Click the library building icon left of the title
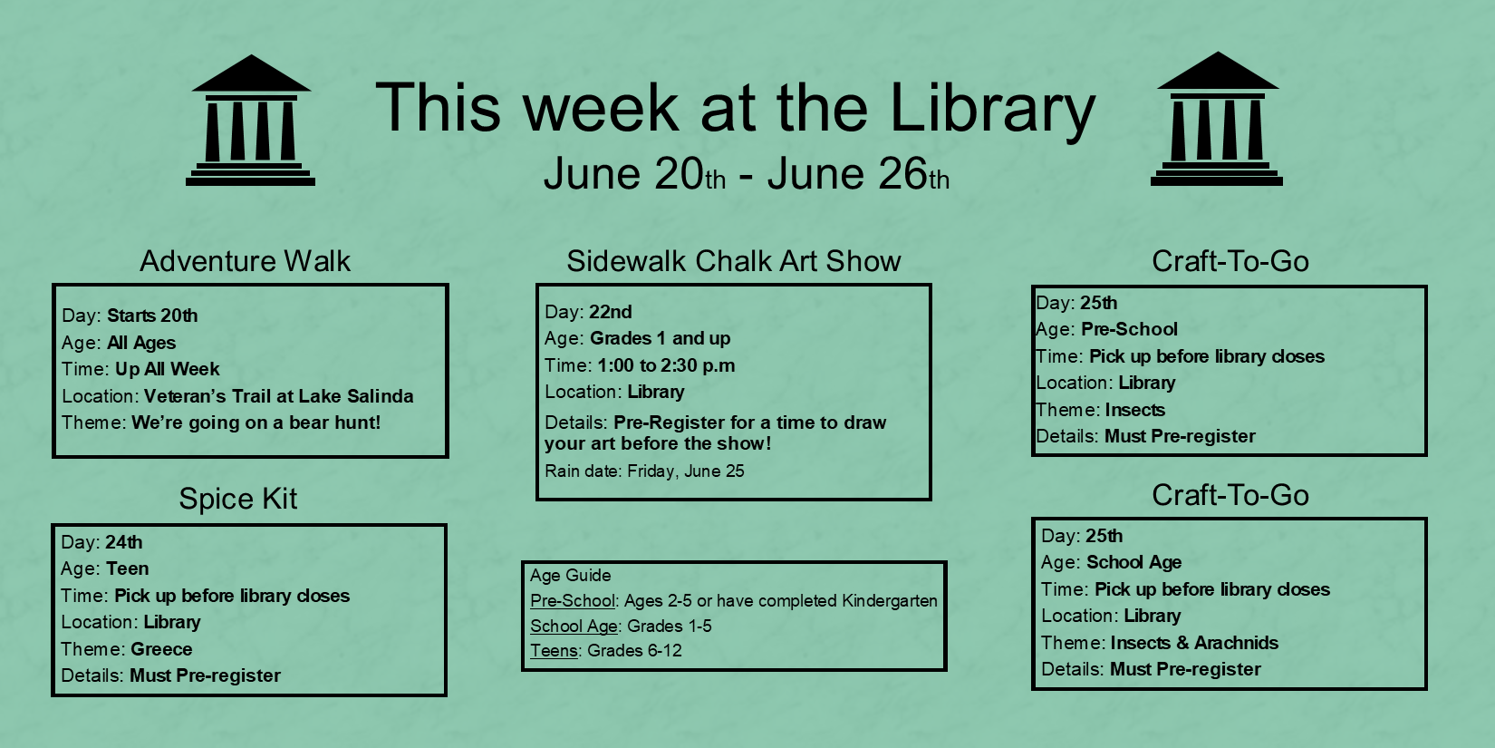[x=250, y=121]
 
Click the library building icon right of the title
[x=1217, y=119]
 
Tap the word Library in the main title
[x=992, y=108]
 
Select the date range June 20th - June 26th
[x=747, y=174]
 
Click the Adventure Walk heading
[x=245, y=261]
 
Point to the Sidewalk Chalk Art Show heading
[x=734, y=261]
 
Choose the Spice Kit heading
[x=238, y=499]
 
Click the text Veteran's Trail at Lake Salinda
[x=278, y=396]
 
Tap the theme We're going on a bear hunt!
[x=256, y=423]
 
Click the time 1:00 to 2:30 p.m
[x=666, y=365]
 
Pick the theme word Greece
[x=161, y=649]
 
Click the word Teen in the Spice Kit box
[x=127, y=568]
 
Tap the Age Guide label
[x=570, y=576]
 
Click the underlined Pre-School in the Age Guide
[x=573, y=601]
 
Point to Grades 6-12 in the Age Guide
[x=635, y=650]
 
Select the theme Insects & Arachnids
[x=1194, y=643]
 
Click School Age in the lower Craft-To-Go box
[x=1133, y=562]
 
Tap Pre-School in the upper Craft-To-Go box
[x=1129, y=329]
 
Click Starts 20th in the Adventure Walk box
[x=152, y=316]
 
